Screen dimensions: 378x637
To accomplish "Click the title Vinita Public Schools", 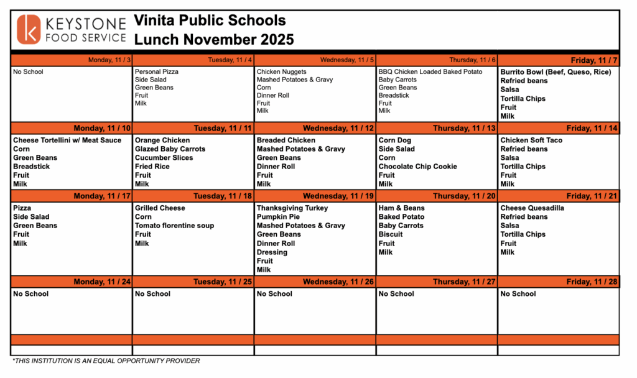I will (x=210, y=21).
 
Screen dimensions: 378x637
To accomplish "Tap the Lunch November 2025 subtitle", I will (x=214, y=40).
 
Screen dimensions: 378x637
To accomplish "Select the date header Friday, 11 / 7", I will (x=594, y=60).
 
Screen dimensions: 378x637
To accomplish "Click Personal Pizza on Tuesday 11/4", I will (x=157, y=72).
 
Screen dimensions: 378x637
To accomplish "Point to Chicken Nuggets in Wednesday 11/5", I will (x=281, y=72).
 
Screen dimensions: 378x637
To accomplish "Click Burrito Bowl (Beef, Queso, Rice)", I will (x=556, y=72).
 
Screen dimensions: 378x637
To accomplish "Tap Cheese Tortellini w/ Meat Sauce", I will (x=67, y=141).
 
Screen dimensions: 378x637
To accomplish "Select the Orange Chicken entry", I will (x=162, y=141).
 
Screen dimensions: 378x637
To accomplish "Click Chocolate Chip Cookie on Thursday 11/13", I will (x=417, y=167).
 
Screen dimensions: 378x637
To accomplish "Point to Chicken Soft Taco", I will (x=531, y=141).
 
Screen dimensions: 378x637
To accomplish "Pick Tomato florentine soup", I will (x=174, y=226).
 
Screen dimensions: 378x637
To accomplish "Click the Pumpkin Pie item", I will (x=278, y=217).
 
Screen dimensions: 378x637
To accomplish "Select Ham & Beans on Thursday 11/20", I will (x=401, y=208).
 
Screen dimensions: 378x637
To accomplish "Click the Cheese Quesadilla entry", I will (x=532, y=208).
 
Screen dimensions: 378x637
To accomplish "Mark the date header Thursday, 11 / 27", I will (x=464, y=282).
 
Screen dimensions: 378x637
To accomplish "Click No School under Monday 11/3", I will (x=28, y=72).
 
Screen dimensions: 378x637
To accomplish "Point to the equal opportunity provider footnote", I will (x=106, y=361).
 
